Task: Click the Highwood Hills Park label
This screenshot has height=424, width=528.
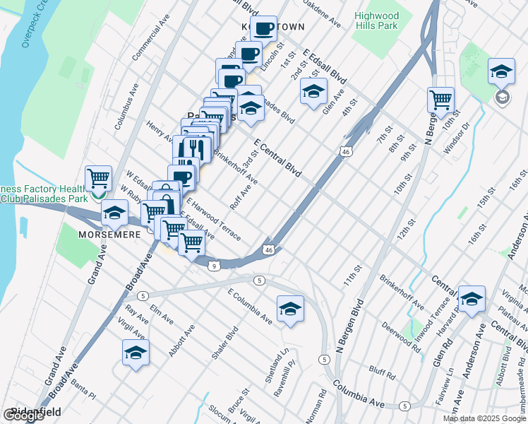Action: click(376, 21)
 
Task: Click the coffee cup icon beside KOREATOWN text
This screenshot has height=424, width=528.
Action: click(264, 29)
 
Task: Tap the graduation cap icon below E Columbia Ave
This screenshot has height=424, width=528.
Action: click(290, 309)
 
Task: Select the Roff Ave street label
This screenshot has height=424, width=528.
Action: click(241, 198)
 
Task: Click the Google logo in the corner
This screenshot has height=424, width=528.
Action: click(23, 416)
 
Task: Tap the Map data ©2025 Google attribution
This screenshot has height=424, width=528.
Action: click(484, 418)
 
